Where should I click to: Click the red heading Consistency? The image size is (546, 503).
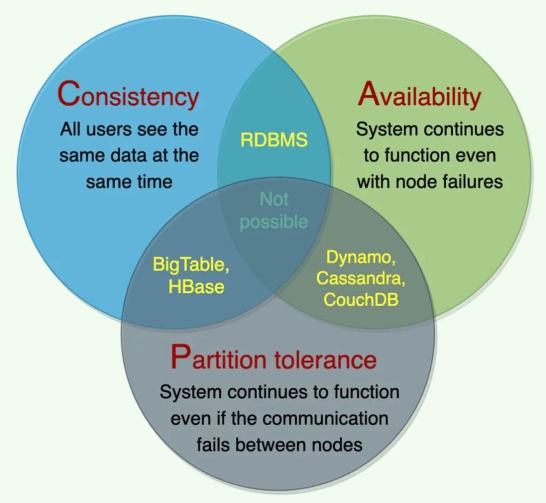click(128, 96)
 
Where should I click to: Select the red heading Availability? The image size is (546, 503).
click(420, 96)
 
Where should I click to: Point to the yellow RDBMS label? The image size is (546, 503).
click(274, 140)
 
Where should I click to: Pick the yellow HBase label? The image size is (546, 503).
click(196, 286)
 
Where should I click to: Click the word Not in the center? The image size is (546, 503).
click(274, 199)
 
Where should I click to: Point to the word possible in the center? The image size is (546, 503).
click(274, 221)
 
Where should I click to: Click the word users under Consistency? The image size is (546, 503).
click(114, 129)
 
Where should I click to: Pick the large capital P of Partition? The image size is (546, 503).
click(180, 356)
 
